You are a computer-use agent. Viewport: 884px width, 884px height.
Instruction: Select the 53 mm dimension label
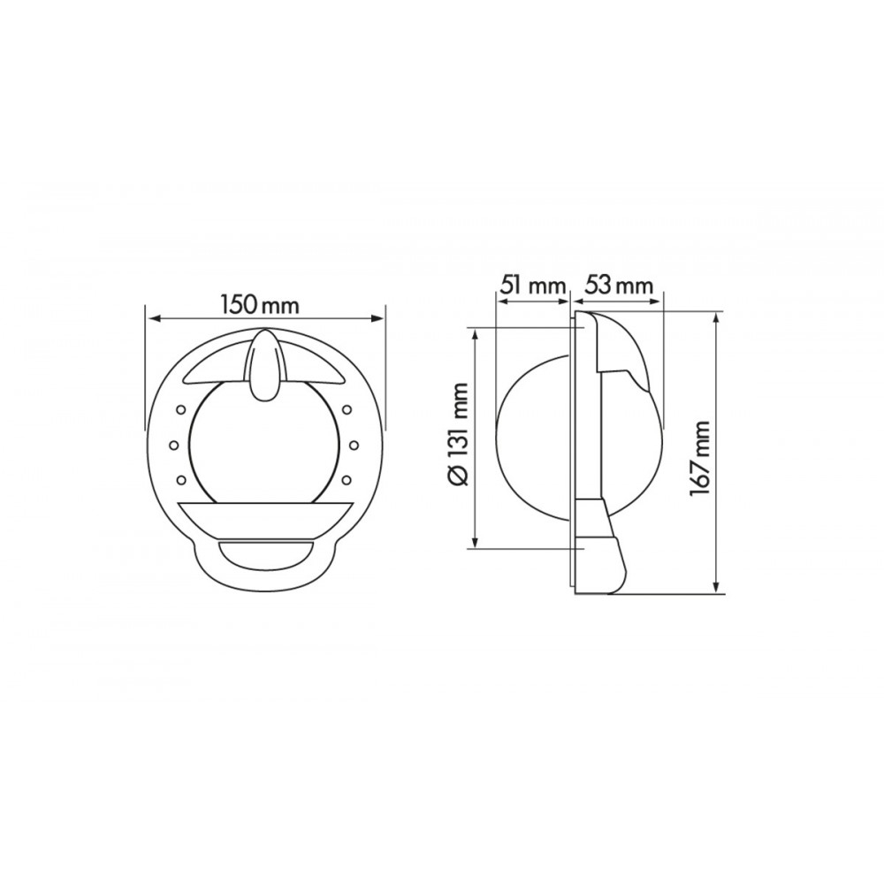[618, 286]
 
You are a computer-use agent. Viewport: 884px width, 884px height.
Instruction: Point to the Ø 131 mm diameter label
[460, 433]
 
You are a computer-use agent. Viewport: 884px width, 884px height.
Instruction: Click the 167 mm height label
[699, 458]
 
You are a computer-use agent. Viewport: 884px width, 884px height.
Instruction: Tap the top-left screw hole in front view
[181, 408]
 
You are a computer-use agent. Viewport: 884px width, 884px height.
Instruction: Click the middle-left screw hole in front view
[173, 445]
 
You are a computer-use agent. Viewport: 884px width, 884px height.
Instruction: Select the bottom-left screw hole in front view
[181, 480]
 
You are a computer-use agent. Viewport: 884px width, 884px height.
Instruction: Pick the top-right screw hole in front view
[347, 408]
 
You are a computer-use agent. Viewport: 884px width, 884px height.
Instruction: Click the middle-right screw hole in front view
[354, 445]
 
